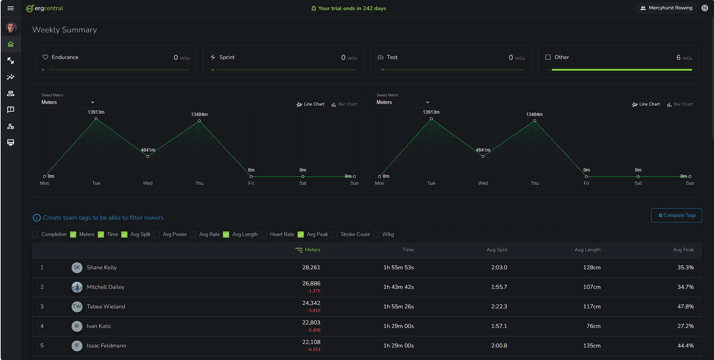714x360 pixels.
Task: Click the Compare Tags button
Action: click(x=676, y=215)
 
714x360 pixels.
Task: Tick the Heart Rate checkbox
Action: click(x=264, y=235)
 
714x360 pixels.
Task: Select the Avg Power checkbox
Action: click(x=157, y=235)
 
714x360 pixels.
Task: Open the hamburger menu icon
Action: click(x=11, y=8)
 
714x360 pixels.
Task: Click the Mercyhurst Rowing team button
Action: click(x=666, y=8)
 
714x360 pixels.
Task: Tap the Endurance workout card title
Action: click(x=65, y=57)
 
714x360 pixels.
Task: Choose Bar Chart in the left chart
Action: click(x=344, y=104)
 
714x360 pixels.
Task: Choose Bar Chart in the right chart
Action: click(x=680, y=104)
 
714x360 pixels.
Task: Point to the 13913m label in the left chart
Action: click(x=96, y=112)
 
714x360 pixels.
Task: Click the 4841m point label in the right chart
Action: click(x=483, y=150)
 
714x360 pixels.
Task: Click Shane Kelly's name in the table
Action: click(x=102, y=268)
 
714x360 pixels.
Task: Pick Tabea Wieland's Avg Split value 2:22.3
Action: click(x=499, y=307)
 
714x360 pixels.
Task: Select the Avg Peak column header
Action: click(x=683, y=250)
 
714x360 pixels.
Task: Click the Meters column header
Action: click(x=312, y=250)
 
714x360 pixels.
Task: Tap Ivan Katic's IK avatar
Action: click(x=77, y=326)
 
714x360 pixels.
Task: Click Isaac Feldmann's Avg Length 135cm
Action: click(x=592, y=346)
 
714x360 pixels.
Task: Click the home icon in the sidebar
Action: click(x=11, y=44)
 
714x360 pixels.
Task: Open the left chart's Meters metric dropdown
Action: click(x=68, y=102)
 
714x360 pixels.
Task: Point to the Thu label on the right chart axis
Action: click(x=535, y=183)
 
